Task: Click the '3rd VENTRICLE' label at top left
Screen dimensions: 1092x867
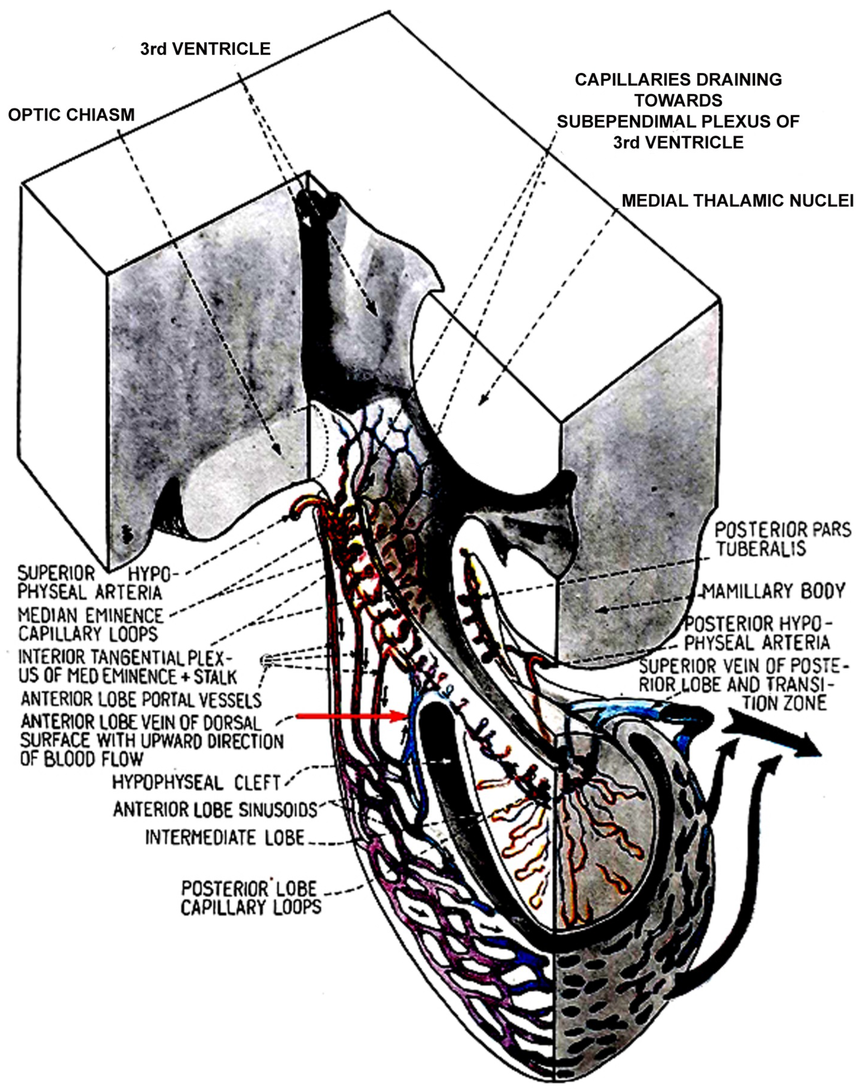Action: pos(205,49)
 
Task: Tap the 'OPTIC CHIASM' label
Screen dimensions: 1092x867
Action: pos(72,115)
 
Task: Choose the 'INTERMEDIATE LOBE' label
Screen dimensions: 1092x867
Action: pos(225,837)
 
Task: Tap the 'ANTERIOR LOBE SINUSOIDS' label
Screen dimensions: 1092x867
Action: pos(215,809)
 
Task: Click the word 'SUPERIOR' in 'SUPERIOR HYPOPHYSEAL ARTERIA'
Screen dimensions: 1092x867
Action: pos(56,573)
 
